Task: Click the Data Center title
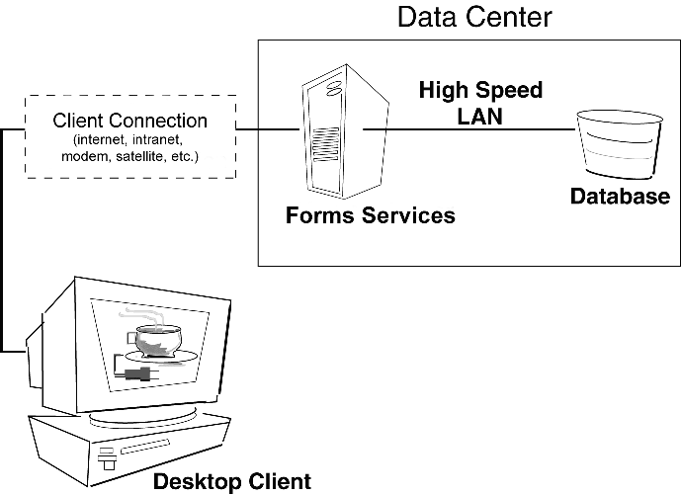474,17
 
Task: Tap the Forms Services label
371,215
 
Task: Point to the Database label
620,197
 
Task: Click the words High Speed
480,91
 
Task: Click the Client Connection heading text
129,122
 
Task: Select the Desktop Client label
231,482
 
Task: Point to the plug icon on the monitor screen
137,373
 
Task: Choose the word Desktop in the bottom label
194,482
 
